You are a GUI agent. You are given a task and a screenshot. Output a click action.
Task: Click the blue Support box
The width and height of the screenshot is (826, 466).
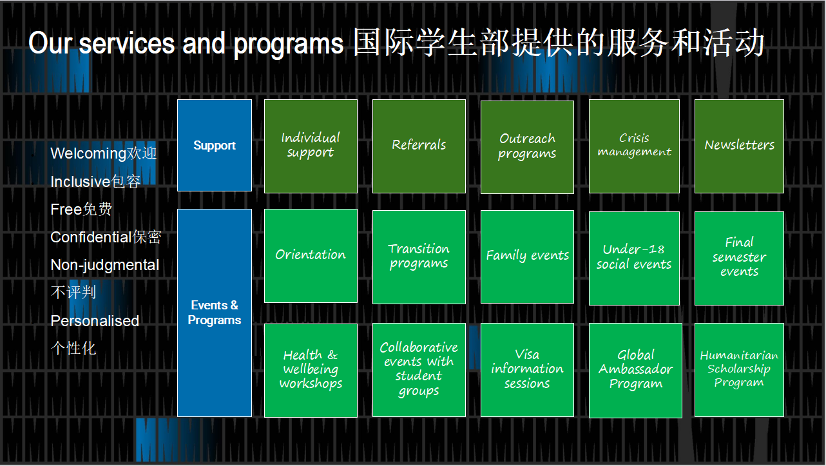click(215, 145)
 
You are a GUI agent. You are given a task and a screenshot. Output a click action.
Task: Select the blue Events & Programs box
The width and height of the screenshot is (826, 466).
click(215, 313)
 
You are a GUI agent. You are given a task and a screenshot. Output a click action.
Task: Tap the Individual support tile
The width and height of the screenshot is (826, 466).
click(311, 146)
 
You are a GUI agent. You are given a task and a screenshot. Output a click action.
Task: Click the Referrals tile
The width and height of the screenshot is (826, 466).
click(419, 146)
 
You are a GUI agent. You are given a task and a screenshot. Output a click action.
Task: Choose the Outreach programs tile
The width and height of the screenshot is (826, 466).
click(527, 146)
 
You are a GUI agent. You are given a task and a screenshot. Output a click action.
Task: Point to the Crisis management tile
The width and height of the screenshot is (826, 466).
click(634, 146)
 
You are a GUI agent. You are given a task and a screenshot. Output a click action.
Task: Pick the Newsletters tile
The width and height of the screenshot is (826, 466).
click(739, 146)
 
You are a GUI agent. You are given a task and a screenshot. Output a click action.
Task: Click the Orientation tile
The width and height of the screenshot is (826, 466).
click(311, 256)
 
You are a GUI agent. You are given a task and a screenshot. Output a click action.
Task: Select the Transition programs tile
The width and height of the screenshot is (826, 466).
click(419, 257)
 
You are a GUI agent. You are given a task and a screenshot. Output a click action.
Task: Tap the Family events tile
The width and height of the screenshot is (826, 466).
click(527, 257)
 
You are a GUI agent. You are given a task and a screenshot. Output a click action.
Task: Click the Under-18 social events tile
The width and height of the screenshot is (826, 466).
click(634, 258)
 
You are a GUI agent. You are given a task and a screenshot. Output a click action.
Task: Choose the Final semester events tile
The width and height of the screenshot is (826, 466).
click(739, 258)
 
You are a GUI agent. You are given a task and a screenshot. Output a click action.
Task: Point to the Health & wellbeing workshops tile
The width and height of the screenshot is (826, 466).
click(311, 370)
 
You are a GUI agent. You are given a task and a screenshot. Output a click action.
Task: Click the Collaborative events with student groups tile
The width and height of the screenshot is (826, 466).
click(419, 370)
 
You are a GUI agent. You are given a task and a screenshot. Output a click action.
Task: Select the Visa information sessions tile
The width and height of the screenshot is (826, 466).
click(527, 370)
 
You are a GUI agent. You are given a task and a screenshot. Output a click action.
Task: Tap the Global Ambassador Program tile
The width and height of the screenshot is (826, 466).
click(635, 370)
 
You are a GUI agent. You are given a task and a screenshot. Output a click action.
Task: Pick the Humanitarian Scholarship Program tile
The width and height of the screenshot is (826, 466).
click(739, 370)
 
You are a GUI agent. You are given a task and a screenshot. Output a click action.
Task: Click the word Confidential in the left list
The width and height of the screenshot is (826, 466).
click(91, 237)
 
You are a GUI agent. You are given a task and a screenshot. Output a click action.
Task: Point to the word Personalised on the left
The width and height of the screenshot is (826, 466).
click(95, 321)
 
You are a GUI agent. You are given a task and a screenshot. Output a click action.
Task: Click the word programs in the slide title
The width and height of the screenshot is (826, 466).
click(288, 44)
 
